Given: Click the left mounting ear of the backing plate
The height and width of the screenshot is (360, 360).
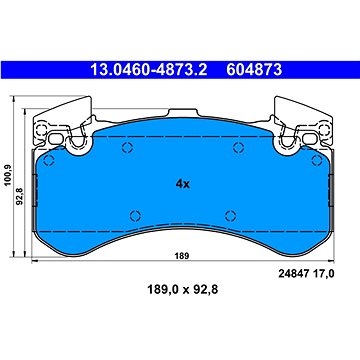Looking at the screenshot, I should click(54, 124).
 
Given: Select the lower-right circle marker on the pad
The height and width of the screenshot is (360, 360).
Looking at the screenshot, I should click(230, 214).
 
